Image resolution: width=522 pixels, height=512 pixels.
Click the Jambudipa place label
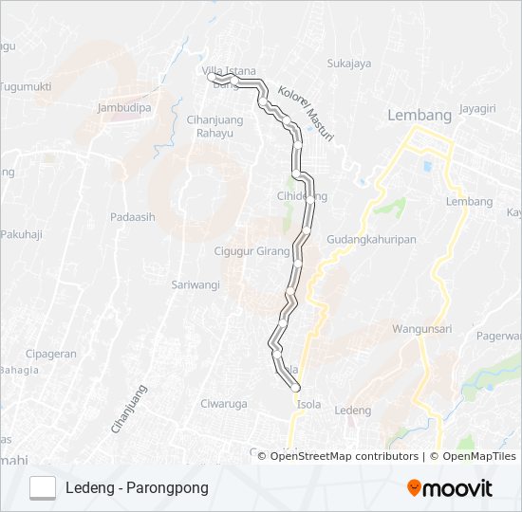click(x=124, y=108)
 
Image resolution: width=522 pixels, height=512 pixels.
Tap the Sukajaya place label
click(x=348, y=64)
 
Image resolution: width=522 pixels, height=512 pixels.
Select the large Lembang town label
click(x=419, y=115)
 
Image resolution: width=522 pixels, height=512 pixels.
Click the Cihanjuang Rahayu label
click(x=214, y=126)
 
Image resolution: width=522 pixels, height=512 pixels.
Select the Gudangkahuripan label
click(x=371, y=241)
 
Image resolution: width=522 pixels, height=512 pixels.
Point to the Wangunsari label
click(x=421, y=329)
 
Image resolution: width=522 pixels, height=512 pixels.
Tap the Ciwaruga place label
click(x=223, y=404)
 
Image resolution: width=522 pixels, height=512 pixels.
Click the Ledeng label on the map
click(x=353, y=410)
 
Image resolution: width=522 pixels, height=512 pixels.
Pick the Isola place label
click(x=308, y=404)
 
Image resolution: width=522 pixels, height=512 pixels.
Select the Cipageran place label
click(x=51, y=354)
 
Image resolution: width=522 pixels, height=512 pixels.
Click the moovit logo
click(x=450, y=488)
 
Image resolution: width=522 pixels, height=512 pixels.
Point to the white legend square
click(x=43, y=487)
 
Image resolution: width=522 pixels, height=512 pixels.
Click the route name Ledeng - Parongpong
click(x=137, y=487)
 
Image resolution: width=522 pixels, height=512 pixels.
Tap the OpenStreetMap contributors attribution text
click(x=345, y=456)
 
